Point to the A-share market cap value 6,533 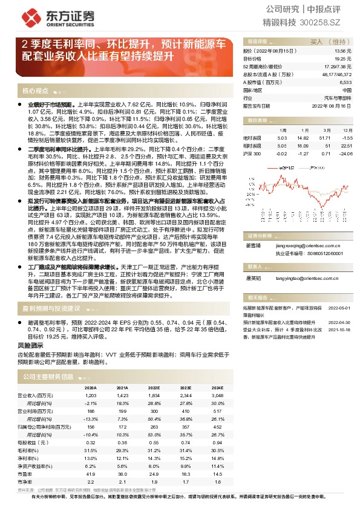pyautogui.click(x=345, y=82)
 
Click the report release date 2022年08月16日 pyautogui.click(x=332, y=105)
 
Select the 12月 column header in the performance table pyautogui.click(x=346, y=131)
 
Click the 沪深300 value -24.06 pyautogui.click(x=345, y=154)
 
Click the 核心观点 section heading pyautogui.click(x=35, y=91)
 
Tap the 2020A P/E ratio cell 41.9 pyautogui.click(x=91, y=475)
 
